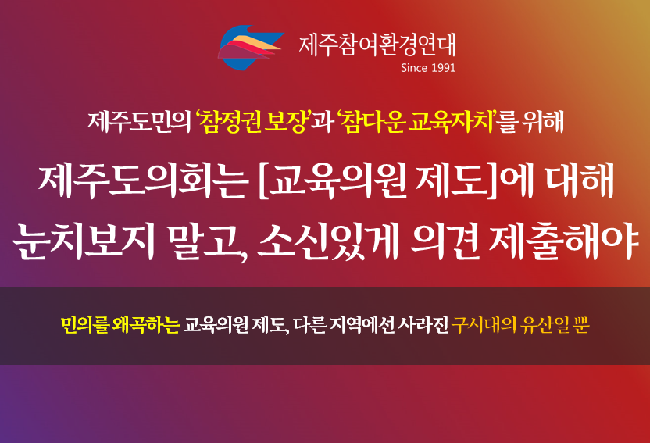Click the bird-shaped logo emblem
pyautogui.click(x=250, y=47)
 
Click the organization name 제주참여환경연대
pyautogui.click(x=377, y=45)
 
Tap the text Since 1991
pyautogui.click(x=428, y=68)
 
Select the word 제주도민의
pyautogui.click(x=139, y=122)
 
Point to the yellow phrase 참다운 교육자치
pyautogui.click(x=416, y=122)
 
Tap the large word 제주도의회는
pyautogui.click(x=143, y=182)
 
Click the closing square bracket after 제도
pyautogui.click(x=492, y=182)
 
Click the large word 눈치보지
pyautogui.click(x=84, y=241)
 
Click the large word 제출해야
pyautogui.click(x=563, y=241)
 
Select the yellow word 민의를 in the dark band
pyautogui.click(x=84, y=325)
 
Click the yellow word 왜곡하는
pyautogui.click(x=145, y=325)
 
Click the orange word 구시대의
pyautogui.click(x=484, y=325)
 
